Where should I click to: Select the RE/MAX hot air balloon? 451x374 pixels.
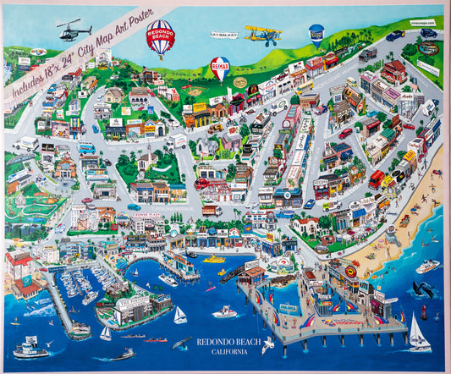click(220, 67)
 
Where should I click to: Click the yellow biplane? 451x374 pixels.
click(262, 35)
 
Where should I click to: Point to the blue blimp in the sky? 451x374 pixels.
click(316, 31)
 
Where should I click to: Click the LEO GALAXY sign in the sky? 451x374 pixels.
click(223, 36)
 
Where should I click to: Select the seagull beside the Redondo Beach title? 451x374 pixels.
click(268, 344)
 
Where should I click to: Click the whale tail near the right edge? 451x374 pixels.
click(423, 289)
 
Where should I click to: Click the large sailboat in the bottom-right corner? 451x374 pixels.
click(418, 336)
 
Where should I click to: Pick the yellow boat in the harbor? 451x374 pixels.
click(213, 259)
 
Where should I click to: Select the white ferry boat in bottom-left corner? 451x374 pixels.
click(30, 346)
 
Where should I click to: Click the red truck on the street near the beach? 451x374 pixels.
click(377, 179)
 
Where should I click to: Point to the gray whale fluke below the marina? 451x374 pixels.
click(180, 343)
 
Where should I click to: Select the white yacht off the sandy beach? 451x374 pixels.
click(427, 266)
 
